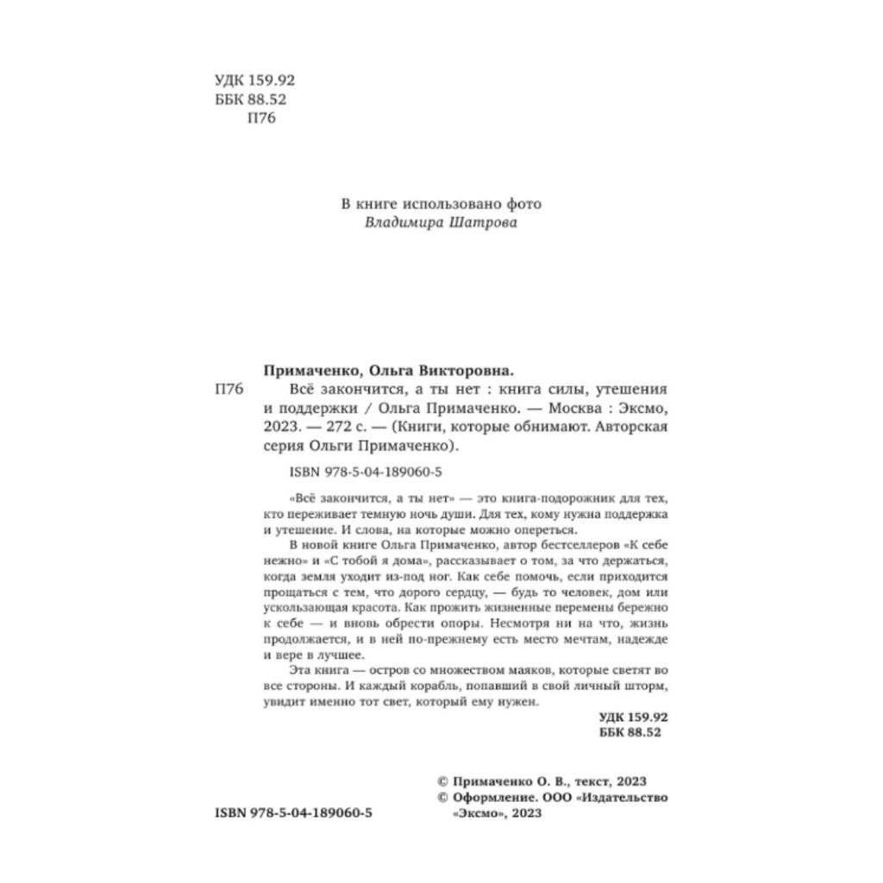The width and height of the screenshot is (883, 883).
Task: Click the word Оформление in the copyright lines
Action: [x=485, y=798]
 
